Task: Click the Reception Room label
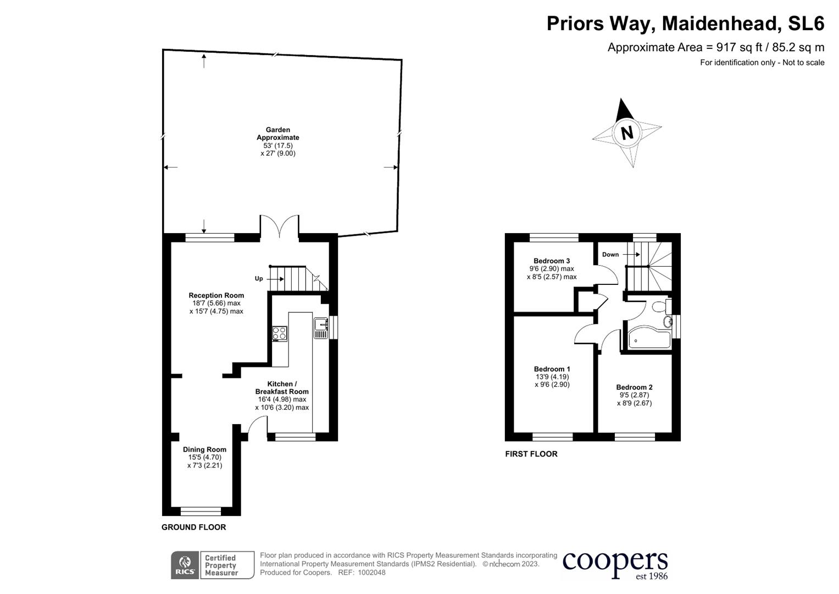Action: tap(216, 295)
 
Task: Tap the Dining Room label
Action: tap(204, 449)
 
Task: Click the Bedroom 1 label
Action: tap(552, 369)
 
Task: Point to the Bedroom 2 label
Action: tap(634, 387)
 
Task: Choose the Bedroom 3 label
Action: tap(552, 261)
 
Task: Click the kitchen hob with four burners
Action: tap(279, 333)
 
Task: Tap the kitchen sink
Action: tap(320, 328)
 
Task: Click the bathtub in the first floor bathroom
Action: tap(648, 340)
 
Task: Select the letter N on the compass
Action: tap(627, 133)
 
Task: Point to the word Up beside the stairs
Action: tap(259, 279)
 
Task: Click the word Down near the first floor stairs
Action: tap(610, 255)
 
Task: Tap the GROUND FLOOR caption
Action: tap(193, 527)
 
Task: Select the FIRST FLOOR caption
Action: tap(531, 454)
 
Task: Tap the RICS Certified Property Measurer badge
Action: tap(213, 565)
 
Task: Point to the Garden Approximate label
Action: tap(278, 134)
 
